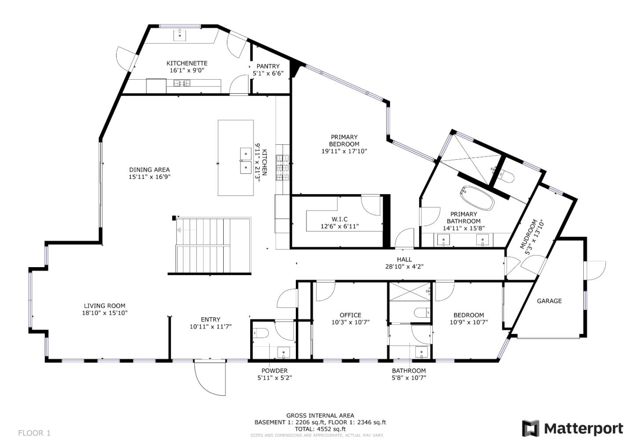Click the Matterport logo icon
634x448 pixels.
coord(530,428)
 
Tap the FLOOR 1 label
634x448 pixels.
coord(34,433)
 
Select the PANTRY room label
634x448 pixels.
coord(268,66)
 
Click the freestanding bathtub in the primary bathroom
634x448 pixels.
coord(477,198)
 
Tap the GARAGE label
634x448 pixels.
coord(549,301)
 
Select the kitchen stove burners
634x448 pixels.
coord(282,168)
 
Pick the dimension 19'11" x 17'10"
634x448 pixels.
coord(344,151)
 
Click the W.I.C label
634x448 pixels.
coord(339,219)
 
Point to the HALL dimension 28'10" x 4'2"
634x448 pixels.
coord(404,266)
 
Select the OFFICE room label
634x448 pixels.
coord(350,315)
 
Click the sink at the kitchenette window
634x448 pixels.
coord(180,35)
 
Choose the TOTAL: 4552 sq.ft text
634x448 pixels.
coord(320,429)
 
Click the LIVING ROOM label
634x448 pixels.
coord(104,305)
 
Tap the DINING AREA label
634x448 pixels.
coord(149,169)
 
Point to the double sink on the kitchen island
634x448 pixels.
coord(245,161)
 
